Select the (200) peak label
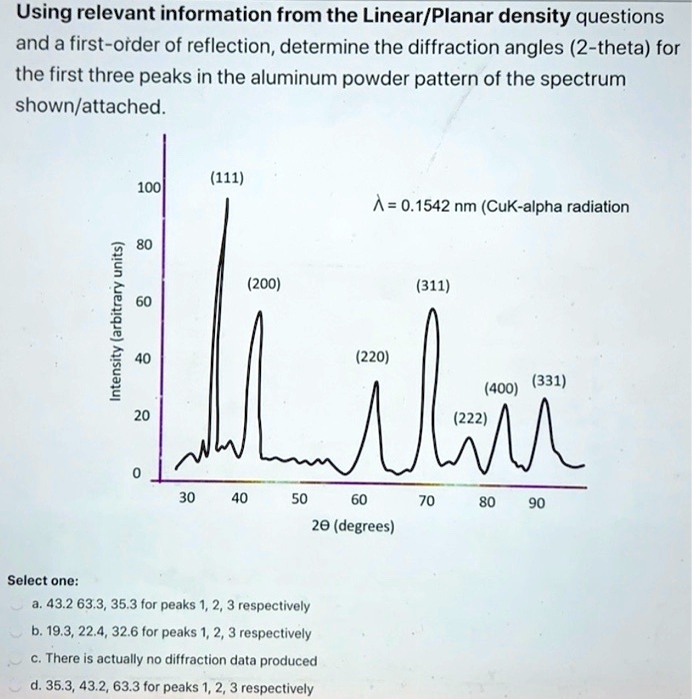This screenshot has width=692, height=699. point(264,285)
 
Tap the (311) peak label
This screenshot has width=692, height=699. point(433,286)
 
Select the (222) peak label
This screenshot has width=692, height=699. point(468,418)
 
